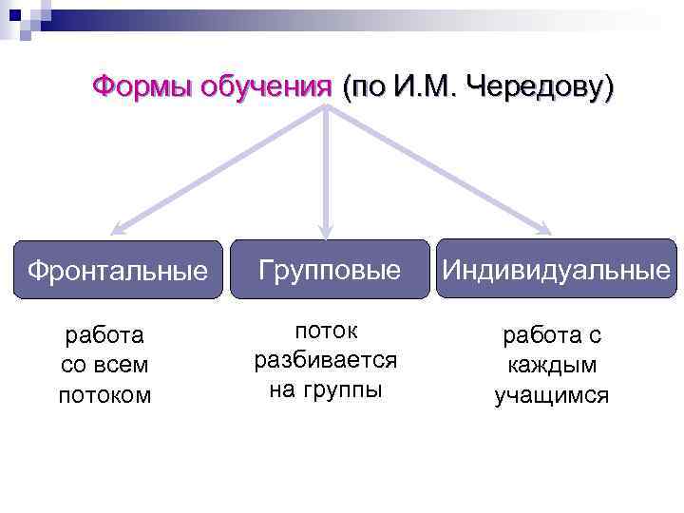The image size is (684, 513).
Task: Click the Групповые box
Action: [x=325, y=271]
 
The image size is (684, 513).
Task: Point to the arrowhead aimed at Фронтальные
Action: [x=117, y=228]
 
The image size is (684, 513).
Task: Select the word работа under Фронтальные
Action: [x=104, y=334]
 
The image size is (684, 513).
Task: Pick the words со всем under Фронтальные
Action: [x=104, y=365]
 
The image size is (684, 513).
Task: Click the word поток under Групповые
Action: [x=325, y=331]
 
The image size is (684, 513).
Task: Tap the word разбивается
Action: [x=325, y=361]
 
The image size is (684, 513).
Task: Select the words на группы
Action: [x=325, y=390]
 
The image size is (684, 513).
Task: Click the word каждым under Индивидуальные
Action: [x=552, y=366]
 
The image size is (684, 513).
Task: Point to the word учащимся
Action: [x=552, y=396]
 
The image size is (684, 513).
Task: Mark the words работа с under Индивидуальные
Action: [x=552, y=335]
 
